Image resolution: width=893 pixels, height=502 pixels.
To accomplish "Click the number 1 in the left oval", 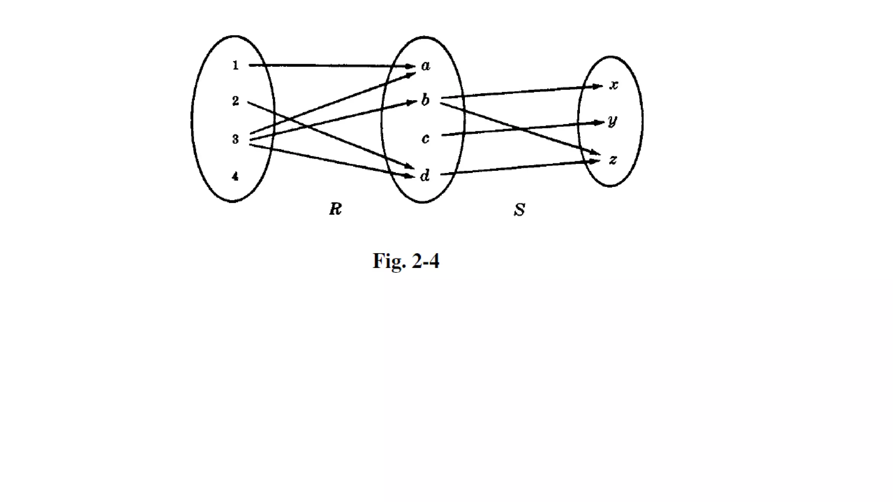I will [x=235, y=65].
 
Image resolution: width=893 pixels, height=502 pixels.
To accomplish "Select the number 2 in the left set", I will [x=235, y=101].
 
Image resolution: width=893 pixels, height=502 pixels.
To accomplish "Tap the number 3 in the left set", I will [x=235, y=139].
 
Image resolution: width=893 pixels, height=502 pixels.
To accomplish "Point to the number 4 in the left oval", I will [x=235, y=176].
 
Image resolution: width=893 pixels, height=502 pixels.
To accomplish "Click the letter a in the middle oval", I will [x=426, y=66].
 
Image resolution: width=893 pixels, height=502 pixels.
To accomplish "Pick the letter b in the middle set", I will [x=425, y=100].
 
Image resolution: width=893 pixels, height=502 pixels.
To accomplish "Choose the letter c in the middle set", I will [x=425, y=139].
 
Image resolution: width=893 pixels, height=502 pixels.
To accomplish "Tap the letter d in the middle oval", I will [x=425, y=175].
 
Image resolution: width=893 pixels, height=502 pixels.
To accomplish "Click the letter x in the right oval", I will [x=614, y=85].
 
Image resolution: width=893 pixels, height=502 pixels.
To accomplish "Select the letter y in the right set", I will [x=613, y=121].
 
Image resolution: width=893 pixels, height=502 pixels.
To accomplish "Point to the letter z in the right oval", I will [x=613, y=160].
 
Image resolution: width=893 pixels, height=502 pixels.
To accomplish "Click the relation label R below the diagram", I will [x=335, y=210].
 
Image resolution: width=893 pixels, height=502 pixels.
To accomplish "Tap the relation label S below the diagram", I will [x=519, y=210].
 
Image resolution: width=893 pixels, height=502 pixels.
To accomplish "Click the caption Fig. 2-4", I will [x=406, y=261].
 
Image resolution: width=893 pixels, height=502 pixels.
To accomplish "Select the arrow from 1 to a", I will [x=331, y=66].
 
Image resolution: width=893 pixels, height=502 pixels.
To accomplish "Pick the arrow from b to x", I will [x=523, y=92].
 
